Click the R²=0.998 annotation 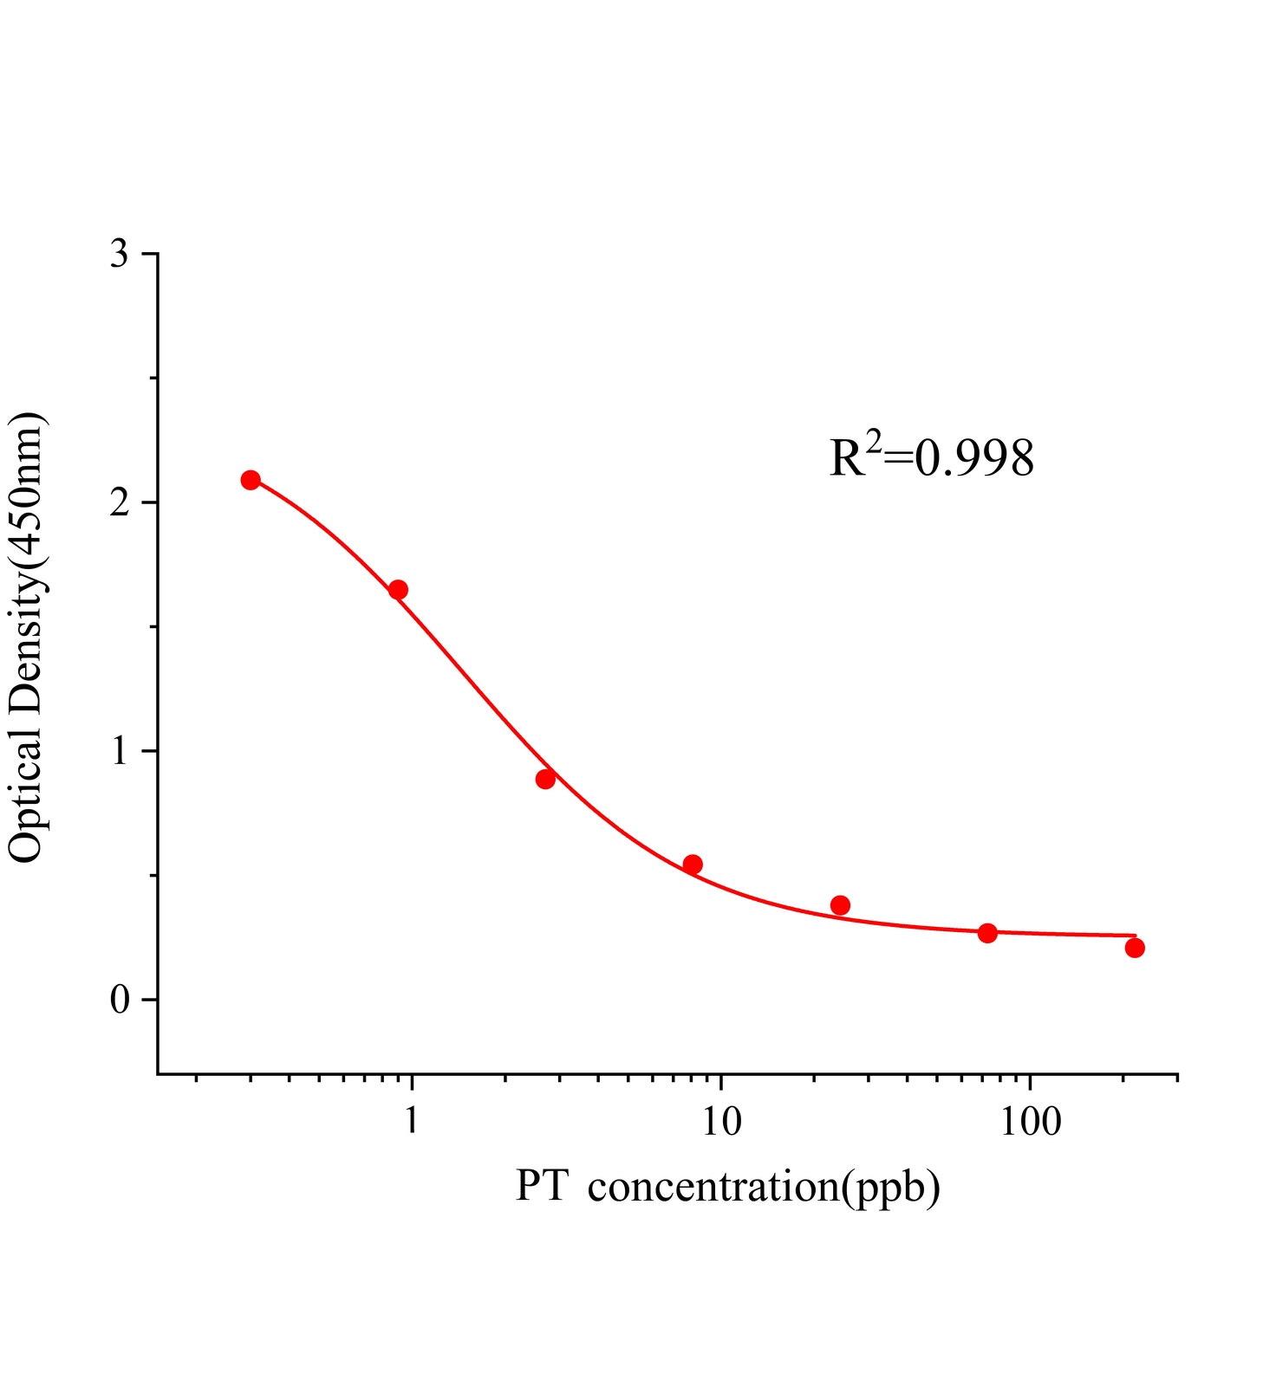coord(932,458)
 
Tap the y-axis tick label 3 coord(120,254)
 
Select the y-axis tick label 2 coord(120,502)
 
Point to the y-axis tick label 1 coord(120,751)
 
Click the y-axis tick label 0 coord(120,1000)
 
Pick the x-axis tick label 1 coord(411,1122)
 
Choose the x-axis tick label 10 coord(721,1122)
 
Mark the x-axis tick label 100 coord(1030,1122)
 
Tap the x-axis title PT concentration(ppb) coord(728,1186)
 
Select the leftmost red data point coord(251,480)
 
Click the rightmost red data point coord(1135,948)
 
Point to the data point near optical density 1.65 coord(398,590)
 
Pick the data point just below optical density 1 coord(545,779)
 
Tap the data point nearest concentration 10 coord(693,864)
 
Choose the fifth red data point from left coord(840,905)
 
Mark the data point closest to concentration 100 coord(987,933)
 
